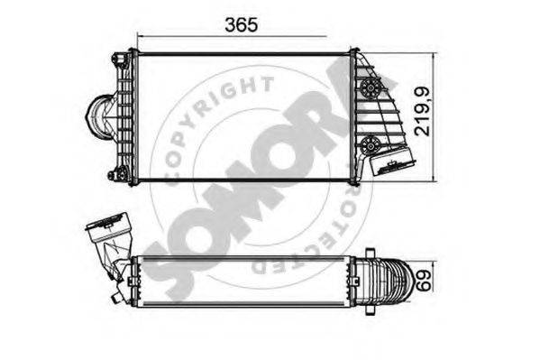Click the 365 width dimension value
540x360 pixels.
pyautogui.click(x=240, y=24)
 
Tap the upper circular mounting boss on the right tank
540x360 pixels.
pyautogui.click(x=369, y=88)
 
